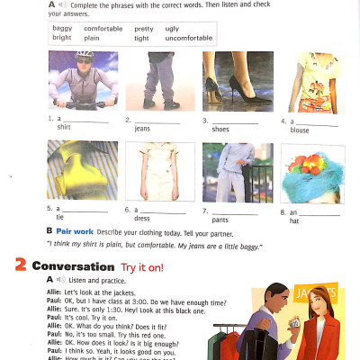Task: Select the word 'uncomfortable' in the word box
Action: click(189, 39)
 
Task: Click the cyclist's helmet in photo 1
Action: click(83, 57)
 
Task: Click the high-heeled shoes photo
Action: click(235, 81)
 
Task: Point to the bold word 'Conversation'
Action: click(73, 266)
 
